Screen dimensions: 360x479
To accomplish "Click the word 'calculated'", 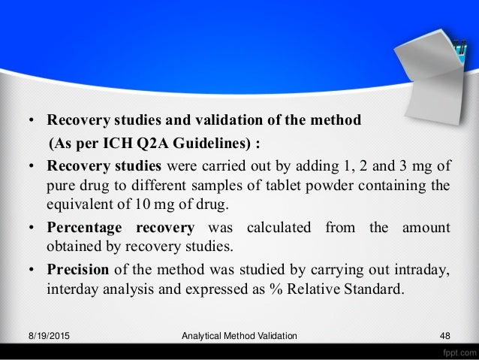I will tap(274, 227).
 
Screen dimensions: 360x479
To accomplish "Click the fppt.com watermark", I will tap(455, 351).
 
